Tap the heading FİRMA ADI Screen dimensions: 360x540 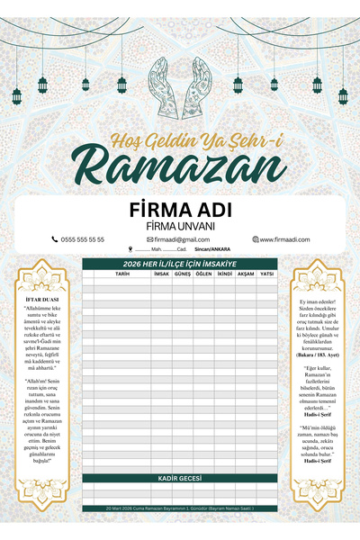(180, 209)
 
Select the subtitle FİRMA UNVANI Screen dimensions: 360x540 (180, 225)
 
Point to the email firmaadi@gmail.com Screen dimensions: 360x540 (181, 239)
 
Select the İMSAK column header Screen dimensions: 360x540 (162, 273)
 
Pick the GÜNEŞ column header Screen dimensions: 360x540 (183, 273)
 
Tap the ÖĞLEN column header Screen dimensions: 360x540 (203, 273)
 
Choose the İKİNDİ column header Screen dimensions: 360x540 (224, 273)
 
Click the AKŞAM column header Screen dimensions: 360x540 (245, 273)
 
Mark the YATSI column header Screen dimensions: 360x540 (266, 273)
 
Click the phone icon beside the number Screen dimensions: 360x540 (55, 239)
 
